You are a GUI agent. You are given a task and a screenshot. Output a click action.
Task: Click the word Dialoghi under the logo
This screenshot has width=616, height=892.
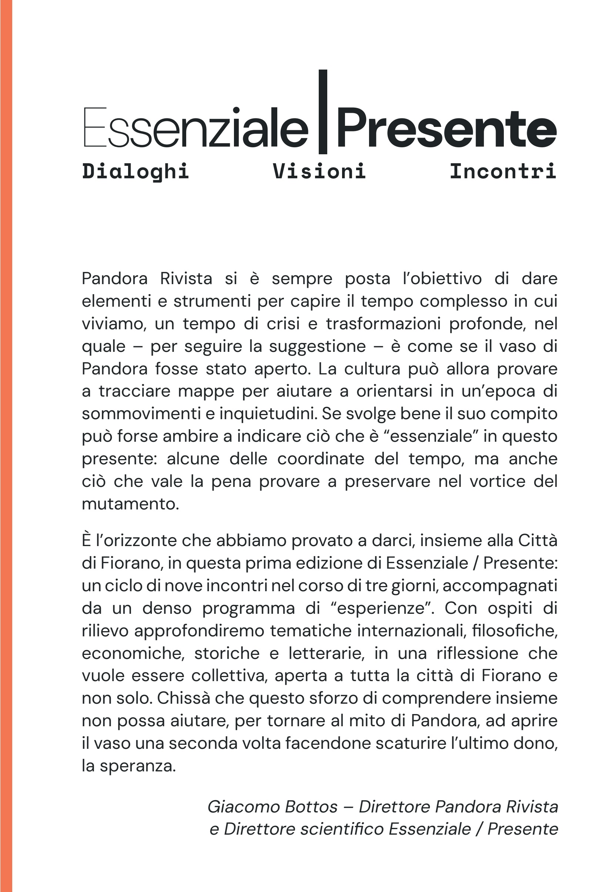pyautogui.click(x=135, y=171)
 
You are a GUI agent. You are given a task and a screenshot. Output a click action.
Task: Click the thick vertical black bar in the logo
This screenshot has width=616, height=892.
pyautogui.click(x=323, y=112)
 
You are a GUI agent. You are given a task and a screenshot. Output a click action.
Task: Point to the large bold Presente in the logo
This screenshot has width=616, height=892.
pyautogui.click(x=447, y=128)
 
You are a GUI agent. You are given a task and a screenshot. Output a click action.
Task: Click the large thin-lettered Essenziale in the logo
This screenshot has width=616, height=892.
pyautogui.click(x=196, y=128)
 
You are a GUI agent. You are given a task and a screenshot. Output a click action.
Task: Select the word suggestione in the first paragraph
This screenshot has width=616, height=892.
pyautogui.click(x=317, y=346)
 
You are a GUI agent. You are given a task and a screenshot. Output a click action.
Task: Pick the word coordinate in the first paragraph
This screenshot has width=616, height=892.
pyautogui.click(x=321, y=459)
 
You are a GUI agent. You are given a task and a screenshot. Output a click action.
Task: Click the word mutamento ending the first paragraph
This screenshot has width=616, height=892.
pyautogui.click(x=130, y=504)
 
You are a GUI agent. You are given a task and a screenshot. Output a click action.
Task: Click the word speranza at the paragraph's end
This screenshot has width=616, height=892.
pyautogui.click(x=137, y=766)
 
